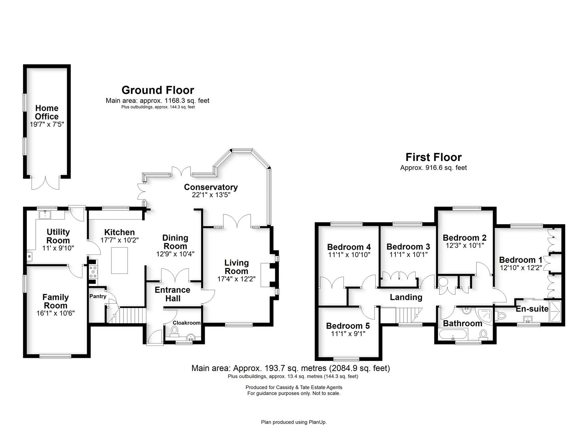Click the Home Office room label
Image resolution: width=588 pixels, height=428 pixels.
47,112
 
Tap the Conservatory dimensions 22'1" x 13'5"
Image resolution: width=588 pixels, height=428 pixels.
211,195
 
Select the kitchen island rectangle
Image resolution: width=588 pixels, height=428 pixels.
120,260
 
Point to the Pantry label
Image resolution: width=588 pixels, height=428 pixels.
97,296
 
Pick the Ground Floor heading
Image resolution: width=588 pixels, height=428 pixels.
158,90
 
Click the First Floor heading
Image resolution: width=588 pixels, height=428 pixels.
433,157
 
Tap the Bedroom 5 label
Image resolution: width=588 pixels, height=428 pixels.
348,326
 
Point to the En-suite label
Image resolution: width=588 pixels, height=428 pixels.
532,309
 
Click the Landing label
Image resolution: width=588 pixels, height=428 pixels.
406,297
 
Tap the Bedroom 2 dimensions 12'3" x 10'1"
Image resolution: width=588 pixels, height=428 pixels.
464,245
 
